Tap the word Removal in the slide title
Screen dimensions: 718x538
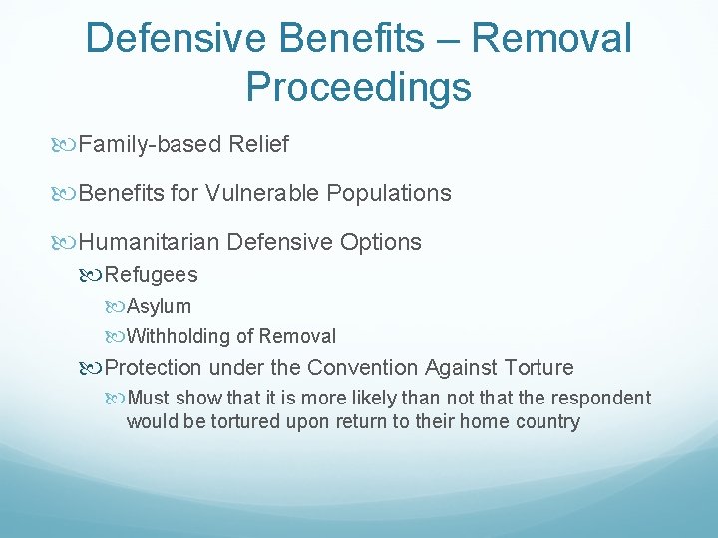[551, 37]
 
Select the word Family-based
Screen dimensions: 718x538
[150, 145]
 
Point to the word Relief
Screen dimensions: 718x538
[258, 144]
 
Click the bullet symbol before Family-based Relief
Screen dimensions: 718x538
[63, 145]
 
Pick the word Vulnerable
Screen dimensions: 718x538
[261, 192]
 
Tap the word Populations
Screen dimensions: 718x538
[389, 193]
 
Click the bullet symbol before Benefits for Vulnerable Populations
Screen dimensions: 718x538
[63, 194]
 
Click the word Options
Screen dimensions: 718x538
[381, 242]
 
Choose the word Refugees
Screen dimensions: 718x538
[152, 275]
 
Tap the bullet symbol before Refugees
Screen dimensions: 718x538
[90, 275]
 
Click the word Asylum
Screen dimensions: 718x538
[159, 307]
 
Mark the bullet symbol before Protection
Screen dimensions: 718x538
[90, 368]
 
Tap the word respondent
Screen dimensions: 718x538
[601, 398]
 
